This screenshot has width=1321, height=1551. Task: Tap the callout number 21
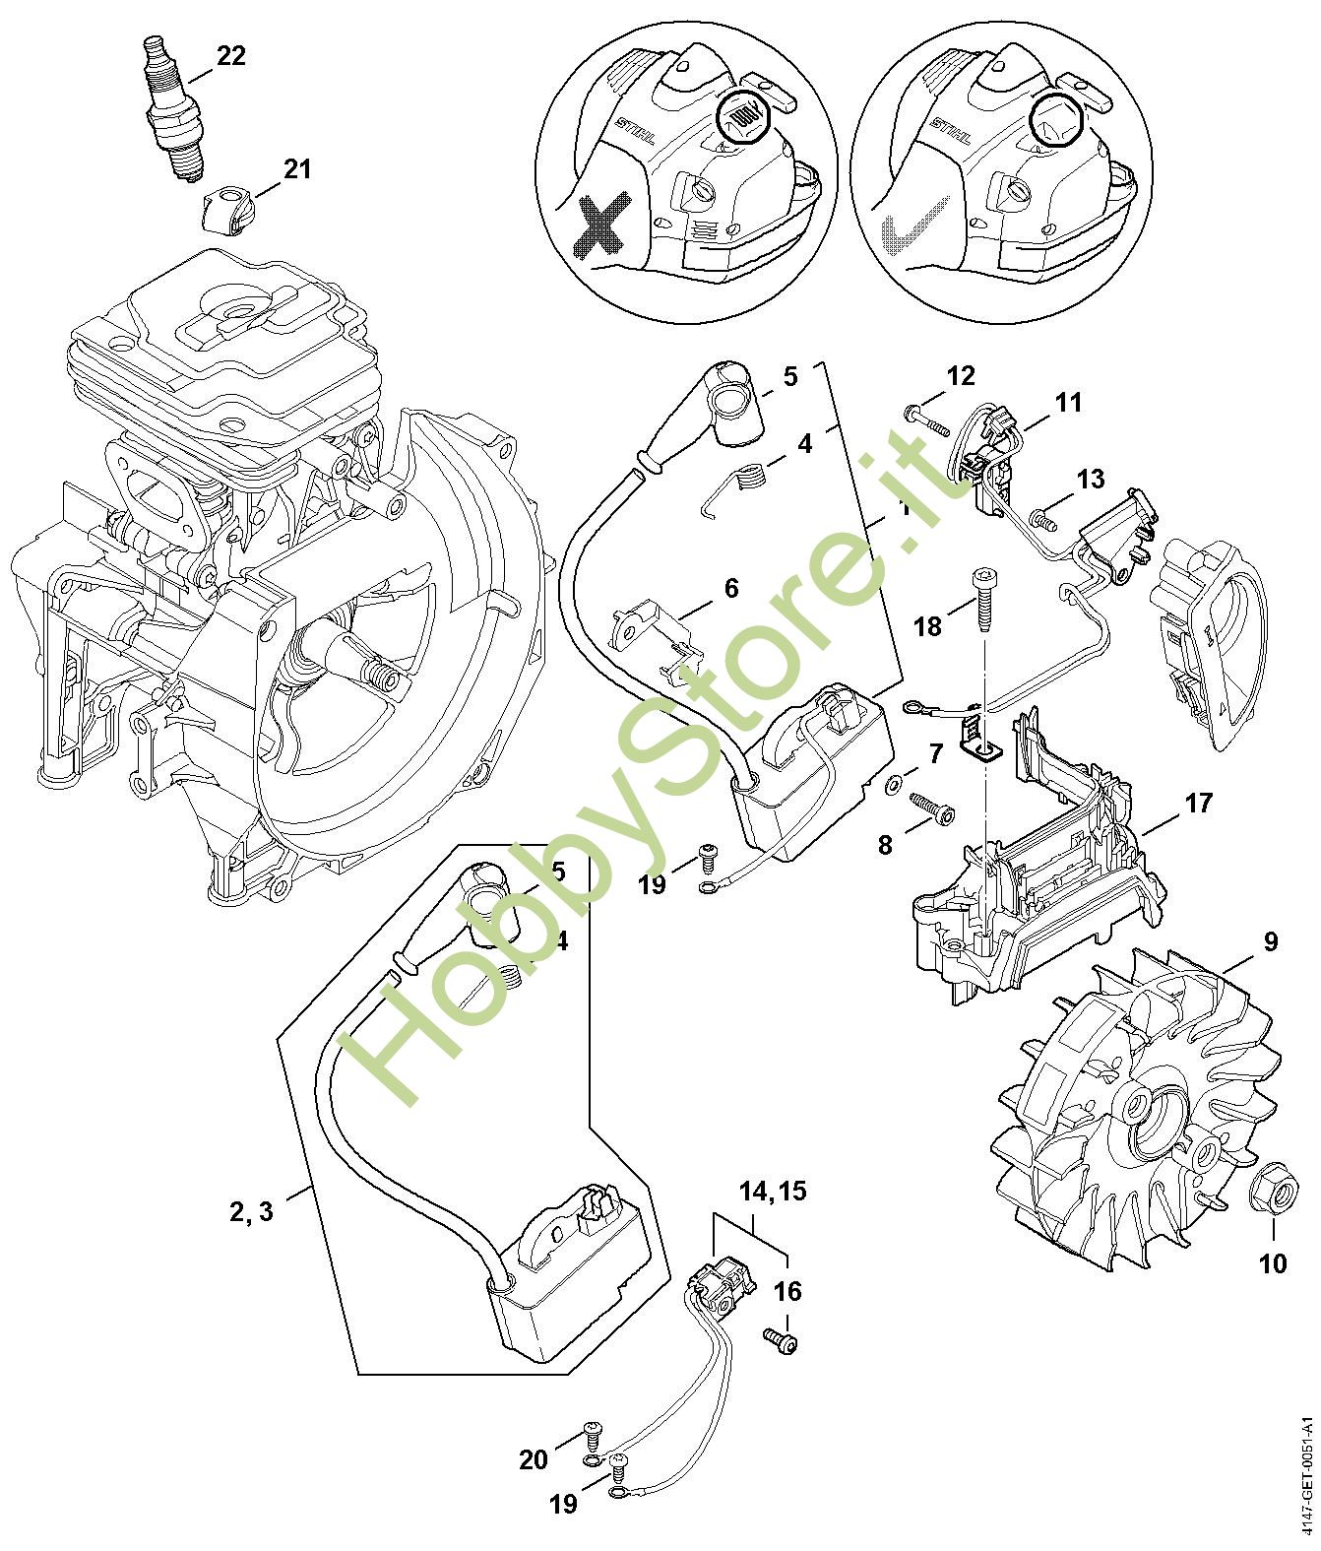pyautogui.click(x=296, y=169)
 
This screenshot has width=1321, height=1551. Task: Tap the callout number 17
pyautogui.click(x=1198, y=803)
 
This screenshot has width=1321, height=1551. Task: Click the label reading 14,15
pyautogui.click(x=773, y=1191)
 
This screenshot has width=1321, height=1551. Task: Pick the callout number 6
pyautogui.click(x=730, y=588)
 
